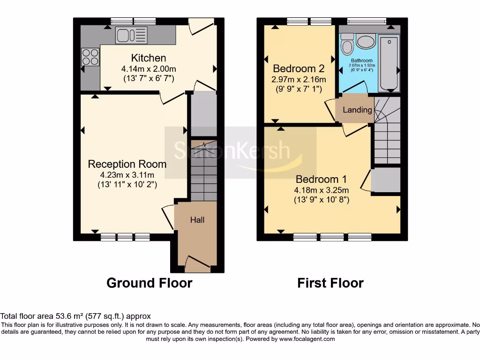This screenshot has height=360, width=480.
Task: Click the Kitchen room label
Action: click(148, 58)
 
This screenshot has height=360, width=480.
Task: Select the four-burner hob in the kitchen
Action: click(90, 57)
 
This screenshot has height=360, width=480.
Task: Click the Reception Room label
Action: click(127, 164)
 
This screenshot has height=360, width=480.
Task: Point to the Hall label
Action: click(197, 220)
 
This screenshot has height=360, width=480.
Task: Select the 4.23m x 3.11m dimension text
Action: click(127, 175)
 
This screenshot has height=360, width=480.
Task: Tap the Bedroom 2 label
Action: click(299, 68)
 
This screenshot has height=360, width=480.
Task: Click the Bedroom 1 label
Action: click(321, 179)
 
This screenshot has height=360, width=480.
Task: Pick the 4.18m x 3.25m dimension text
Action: click(322, 190)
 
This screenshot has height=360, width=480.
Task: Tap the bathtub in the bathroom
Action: click(388, 63)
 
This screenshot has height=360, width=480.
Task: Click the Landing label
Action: click(357, 110)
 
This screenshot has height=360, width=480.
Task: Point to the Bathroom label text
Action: click(362, 60)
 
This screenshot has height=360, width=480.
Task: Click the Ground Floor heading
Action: click(149, 283)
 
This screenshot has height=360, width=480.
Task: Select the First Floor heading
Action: click(330, 283)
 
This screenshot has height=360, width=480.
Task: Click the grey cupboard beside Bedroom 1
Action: click(386, 180)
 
